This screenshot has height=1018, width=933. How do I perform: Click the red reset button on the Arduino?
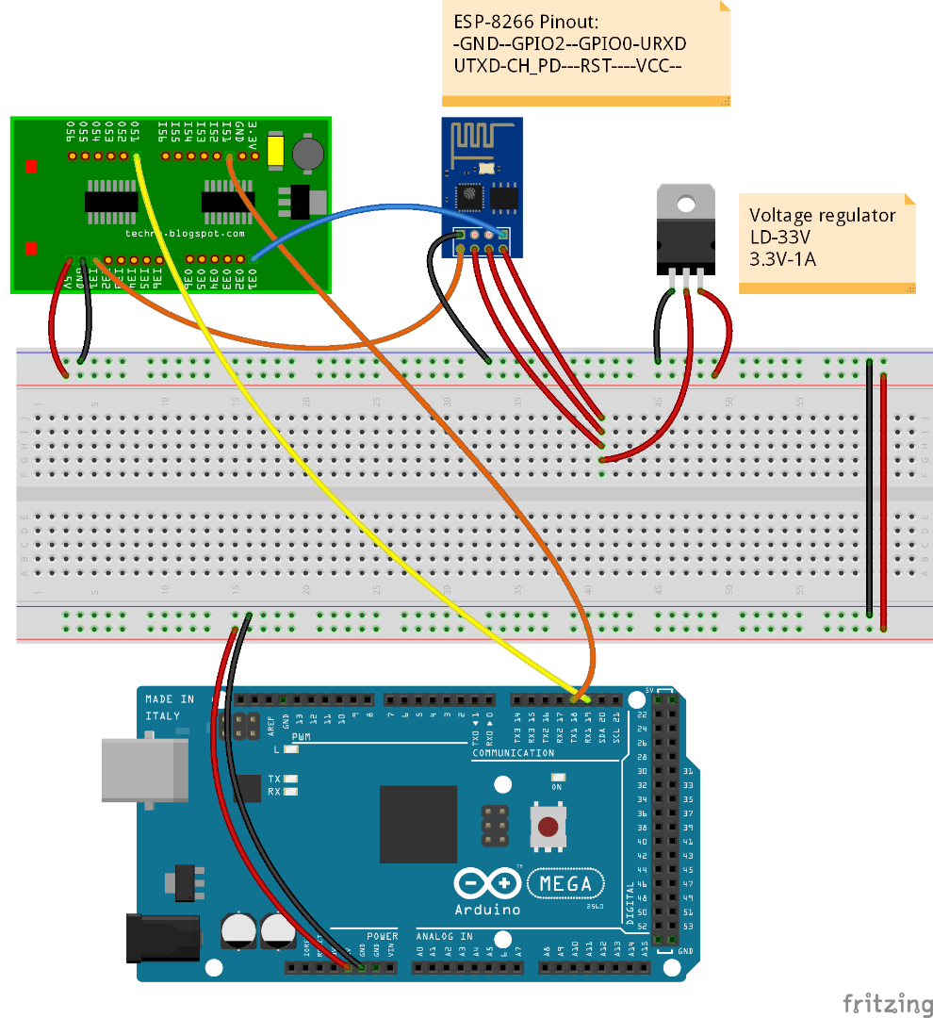coord(546,828)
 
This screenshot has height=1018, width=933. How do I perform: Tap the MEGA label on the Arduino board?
coord(565,883)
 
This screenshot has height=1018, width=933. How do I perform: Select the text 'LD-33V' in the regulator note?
coord(777,236)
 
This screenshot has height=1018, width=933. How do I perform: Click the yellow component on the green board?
coord(275,152)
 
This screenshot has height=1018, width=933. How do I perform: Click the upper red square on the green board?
coord(31,167)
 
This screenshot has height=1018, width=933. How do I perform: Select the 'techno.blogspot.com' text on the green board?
coord(185,233)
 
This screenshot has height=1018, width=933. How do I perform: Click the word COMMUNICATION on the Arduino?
coord(514,753)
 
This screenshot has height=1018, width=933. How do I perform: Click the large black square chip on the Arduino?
coord(418,824)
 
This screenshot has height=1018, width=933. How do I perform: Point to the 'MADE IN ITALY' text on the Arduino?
coord(170,707)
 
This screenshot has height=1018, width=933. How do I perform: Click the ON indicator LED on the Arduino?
coord(557,778)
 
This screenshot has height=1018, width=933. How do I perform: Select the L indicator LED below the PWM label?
coord(289,749)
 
